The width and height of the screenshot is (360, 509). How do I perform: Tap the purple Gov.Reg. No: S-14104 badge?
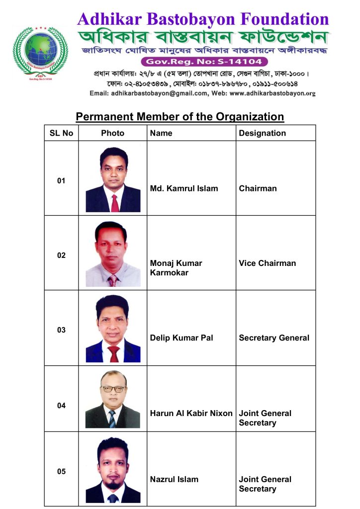click(204, 62)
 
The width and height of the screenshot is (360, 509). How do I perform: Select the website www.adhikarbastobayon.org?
click(273, 93)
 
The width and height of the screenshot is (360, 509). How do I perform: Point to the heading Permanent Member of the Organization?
click(180, 117)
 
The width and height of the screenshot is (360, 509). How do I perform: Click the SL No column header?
click(61, 133)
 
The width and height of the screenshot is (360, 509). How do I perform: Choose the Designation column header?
click(262, 133)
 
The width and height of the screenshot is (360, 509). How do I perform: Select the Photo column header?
click(112, 133)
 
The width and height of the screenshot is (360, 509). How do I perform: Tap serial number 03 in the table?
click(61, 330)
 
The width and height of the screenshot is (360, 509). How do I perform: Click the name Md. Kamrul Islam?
click(183, 188)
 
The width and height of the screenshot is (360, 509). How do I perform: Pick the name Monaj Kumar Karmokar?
click(176, 268)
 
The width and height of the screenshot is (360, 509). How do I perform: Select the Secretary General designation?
click(274, 338)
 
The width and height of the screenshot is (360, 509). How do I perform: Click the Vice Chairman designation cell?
click(267, 263)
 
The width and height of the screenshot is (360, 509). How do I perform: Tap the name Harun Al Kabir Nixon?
click(191, 413)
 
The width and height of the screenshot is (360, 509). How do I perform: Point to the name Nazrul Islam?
click(174, 479)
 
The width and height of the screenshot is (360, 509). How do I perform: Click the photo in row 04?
click(113, 399)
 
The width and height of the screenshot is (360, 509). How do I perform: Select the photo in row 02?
click(113, 254)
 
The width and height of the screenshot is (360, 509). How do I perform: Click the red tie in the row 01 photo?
click(115, 202)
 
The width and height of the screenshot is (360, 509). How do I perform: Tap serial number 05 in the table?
click(61, 472)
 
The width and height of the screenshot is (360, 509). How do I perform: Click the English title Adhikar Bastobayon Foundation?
click(203, 19)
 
